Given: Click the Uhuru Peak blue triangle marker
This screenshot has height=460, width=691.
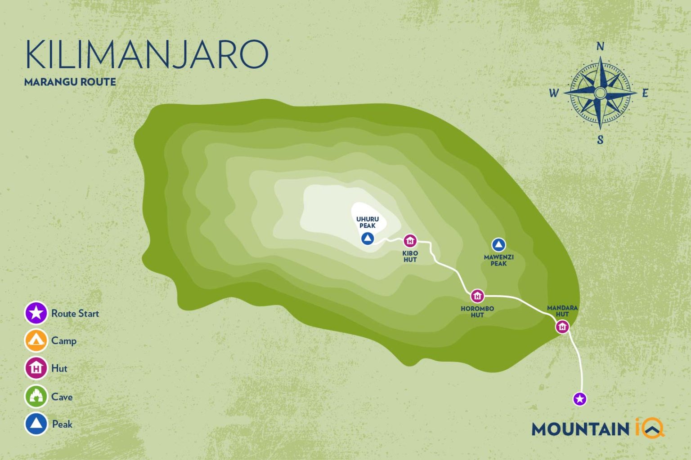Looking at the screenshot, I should tap(367, 239).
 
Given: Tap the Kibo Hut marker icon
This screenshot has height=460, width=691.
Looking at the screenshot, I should tap(410, 241).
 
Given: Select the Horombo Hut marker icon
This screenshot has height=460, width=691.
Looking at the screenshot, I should tap(477, 296).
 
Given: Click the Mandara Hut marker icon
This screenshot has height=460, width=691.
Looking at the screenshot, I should tap(562, 327).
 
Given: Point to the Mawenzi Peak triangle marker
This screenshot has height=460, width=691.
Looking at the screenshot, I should tap(498, 245).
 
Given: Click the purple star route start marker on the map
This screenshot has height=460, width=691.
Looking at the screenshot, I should tap(579, 398).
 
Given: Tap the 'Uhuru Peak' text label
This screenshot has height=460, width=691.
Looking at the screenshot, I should tap(368, 222).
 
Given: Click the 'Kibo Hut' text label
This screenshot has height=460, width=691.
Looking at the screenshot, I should tap(410, 256).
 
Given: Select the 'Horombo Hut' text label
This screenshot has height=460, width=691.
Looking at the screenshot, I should tap(477, 312).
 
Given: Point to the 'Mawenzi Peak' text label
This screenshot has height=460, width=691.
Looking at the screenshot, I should tap(498, 260).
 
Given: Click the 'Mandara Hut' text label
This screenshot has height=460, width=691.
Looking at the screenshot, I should tap(562, 311).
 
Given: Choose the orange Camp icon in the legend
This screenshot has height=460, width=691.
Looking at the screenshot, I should tap(36, 341).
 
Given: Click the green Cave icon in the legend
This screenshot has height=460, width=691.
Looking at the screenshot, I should tap(36, 396).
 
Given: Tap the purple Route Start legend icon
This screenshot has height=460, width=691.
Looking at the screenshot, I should tap(36, 313).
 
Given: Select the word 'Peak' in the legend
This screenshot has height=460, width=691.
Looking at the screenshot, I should tap(62, 424).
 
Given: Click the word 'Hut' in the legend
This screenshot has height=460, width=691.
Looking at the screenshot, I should tap(59, 368).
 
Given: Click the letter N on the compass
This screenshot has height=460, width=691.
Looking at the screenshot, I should tap(600, 46).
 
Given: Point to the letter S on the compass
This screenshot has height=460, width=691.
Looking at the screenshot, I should tap(600, 140).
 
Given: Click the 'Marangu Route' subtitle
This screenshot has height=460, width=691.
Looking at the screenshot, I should tap(70, 82).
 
